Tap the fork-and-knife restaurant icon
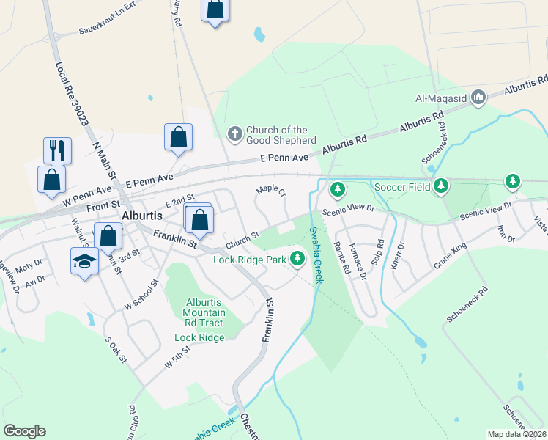(x=56, y=150)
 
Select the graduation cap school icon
(x=84, y=261)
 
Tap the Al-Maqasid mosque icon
(x=478, y=97)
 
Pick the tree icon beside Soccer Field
(x=440, y=187)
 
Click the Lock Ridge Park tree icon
(x=297, y=259)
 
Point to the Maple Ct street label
(x=270, y=190)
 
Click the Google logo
(x=24, y=431)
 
